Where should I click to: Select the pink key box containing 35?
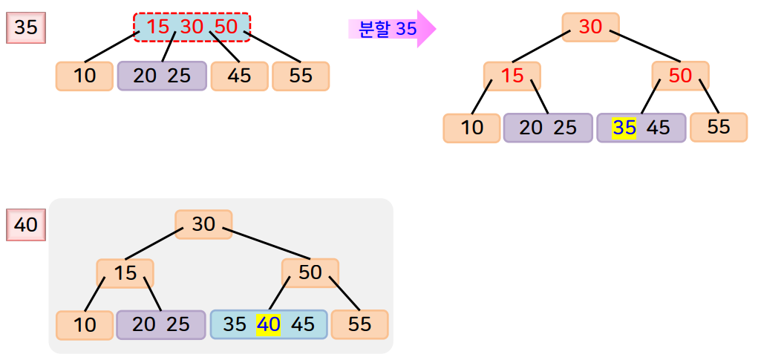26,29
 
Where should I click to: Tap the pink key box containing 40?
26,224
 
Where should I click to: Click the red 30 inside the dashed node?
192,27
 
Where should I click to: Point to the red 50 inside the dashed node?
226,27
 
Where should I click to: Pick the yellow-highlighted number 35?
624,128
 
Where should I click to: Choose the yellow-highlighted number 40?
268,324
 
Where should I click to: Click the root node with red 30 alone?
590,27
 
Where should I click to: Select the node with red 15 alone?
512,76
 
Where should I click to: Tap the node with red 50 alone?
680,76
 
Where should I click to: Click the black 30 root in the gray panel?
203,224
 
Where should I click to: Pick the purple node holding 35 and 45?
641,128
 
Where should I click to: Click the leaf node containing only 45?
239,76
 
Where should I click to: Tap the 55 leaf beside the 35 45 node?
718,127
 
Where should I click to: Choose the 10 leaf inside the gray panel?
85,324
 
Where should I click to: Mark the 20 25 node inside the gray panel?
160,324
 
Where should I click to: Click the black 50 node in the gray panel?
310,272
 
